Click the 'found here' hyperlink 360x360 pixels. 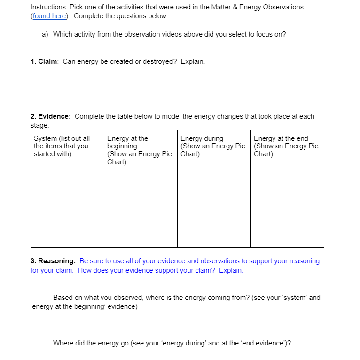pyautogui.click(x=49, y=16)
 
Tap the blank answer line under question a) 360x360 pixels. pyautogui.click(x=129, y=46)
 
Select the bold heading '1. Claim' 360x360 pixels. pyautogui.click(x=44, y=61)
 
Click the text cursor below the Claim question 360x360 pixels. pyautogui.click(x=31, y=98)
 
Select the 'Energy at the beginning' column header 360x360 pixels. pyautogui.click(x=140, y=149)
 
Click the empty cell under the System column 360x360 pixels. pyautogui.click(x=67, y=208)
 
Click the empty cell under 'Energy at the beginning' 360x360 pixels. pyautogui.click(x=141, y=208)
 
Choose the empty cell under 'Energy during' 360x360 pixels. pyautogui.click(x=214, y=208)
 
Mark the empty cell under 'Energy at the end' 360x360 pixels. pyautogui.click(x=287, y=208)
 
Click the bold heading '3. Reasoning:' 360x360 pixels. pyautogui.click(x=53, y=261)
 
